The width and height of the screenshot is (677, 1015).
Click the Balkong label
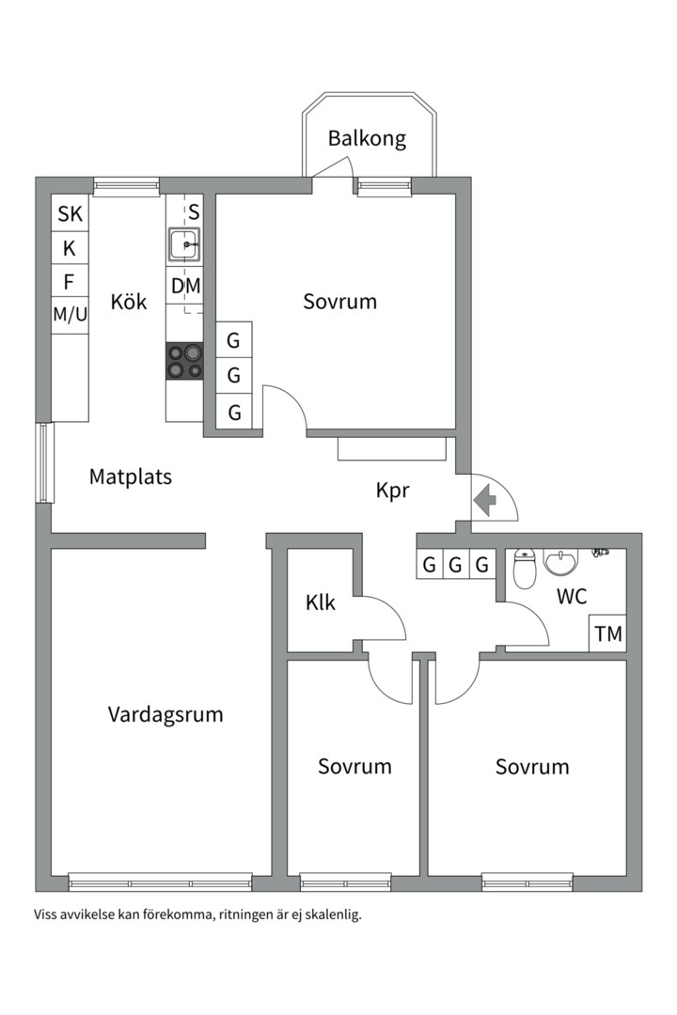(367, 139)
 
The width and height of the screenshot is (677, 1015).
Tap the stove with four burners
(184, 361)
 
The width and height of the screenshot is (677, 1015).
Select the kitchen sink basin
(184, 244)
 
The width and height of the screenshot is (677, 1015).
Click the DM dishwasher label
(185, 286)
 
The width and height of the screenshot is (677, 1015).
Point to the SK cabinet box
(70, 213)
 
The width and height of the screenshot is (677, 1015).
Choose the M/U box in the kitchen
(70, 315)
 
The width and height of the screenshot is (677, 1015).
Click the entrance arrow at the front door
(484, 500)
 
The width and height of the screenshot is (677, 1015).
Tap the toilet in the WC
(524, 569)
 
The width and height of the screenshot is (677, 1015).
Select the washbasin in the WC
(560, 562)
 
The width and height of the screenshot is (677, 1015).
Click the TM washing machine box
(607, 633)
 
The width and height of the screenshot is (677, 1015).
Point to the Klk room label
(320, 603)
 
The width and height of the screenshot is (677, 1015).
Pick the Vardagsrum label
(165, 715)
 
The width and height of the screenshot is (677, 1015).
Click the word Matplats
(130, 477)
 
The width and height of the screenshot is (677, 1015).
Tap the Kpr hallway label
(393, 492)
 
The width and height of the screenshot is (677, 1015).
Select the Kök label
(128, 302)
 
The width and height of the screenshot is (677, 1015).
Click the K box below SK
(70, 248)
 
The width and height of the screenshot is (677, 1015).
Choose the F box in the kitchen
(70, 282)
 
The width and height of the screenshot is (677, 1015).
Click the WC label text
(572, 597)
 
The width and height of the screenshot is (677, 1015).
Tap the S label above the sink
(194, 212)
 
